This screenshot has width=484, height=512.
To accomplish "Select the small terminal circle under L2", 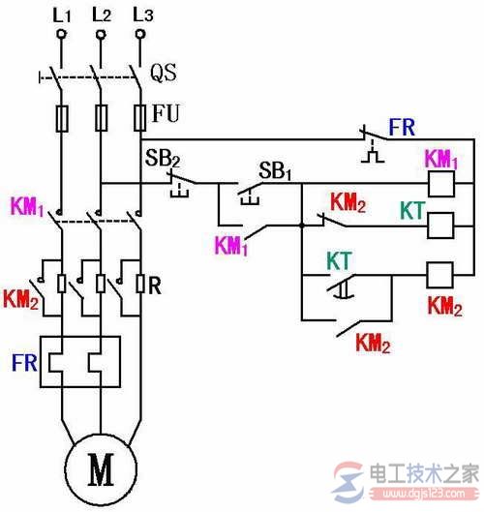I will pos(100,35).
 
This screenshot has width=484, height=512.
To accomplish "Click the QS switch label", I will pos(164,72).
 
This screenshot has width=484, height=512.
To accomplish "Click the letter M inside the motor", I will pos(100,470).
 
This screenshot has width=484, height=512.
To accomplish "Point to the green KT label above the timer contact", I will pos(339,260).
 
